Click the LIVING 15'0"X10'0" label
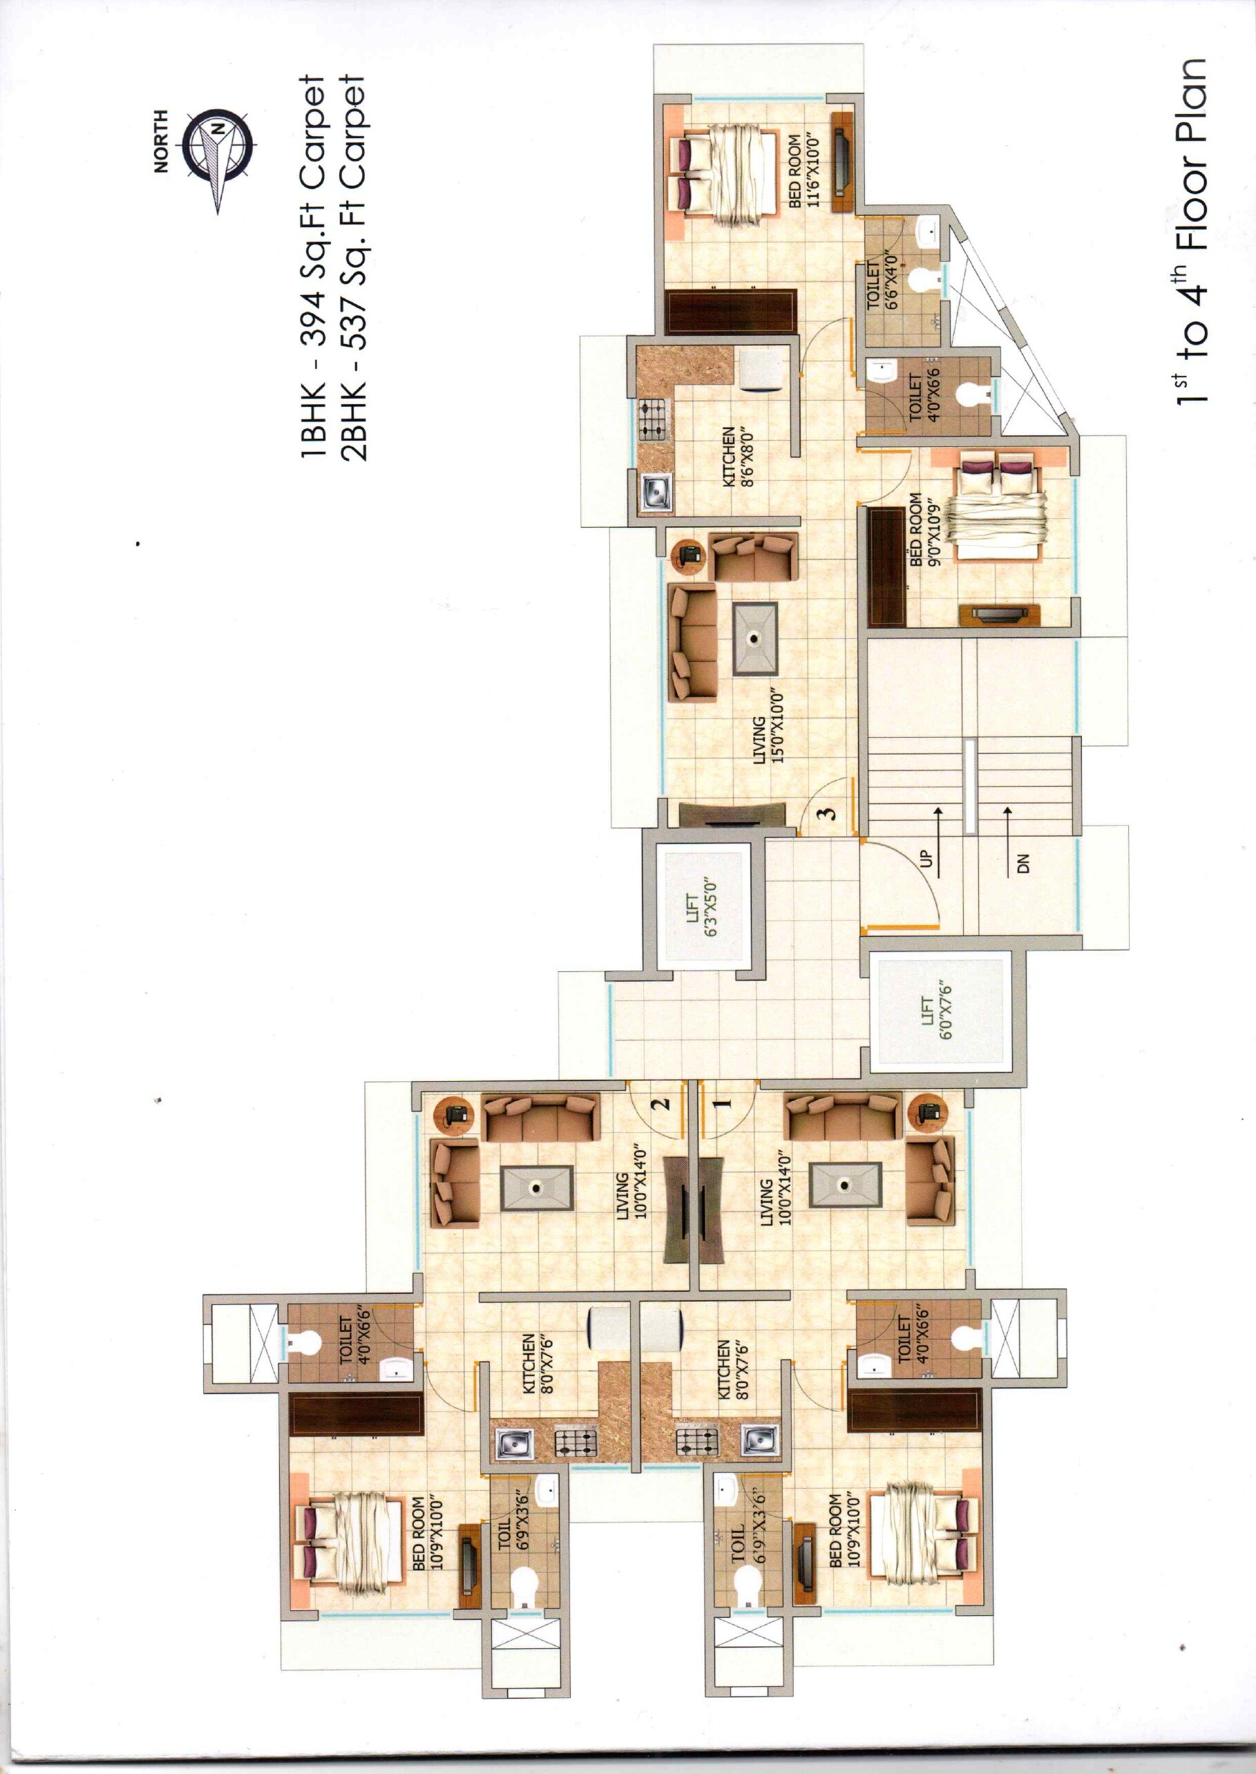click(x=765, y=738)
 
